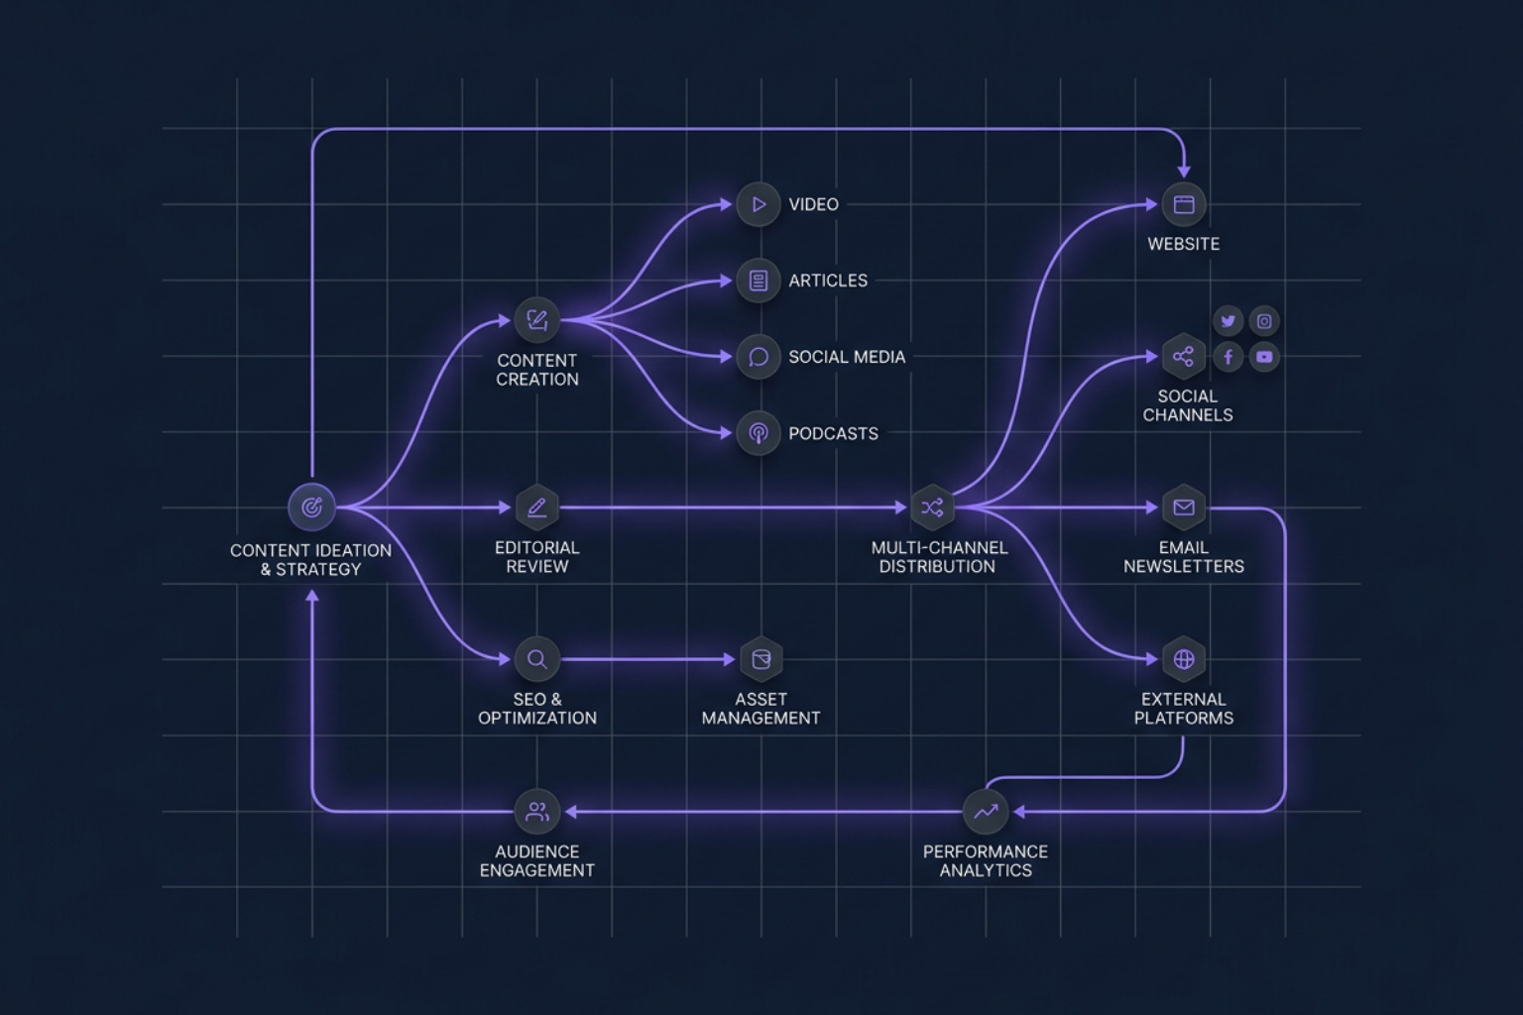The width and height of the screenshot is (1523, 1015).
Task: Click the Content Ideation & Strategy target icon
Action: coord(311,507)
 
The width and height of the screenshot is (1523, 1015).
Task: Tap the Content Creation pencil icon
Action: coord(536,319)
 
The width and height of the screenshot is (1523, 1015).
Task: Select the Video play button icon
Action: coord(759,204)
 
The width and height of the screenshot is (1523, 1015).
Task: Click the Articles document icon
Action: coord(759,281)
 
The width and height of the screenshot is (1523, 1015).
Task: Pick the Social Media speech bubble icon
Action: coord(759,357)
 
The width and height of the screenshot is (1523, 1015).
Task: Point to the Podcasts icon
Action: coord(759,433)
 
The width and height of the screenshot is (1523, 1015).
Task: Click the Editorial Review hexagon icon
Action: coord(536,507)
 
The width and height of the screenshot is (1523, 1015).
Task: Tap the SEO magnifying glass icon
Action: coord(536,659)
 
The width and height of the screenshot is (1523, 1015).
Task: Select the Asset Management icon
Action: coord(761,659)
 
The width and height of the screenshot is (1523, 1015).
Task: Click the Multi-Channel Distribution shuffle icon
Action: coord(932,507)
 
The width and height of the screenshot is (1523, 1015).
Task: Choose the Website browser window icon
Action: coord(1183,204)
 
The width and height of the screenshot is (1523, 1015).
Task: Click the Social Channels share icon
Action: coord(1183,357)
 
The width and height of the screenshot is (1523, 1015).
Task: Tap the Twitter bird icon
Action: coord(1229,321)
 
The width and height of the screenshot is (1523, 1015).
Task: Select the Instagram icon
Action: coord(1264,321)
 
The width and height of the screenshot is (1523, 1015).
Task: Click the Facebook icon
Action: coord(1229,357)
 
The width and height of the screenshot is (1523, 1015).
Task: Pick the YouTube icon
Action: coord(1264,357)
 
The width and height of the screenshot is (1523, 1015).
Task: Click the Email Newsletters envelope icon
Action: coord(1183,507)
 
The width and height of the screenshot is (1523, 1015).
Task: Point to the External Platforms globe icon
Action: coord(1183,659)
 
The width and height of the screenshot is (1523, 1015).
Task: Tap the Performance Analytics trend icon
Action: coord(986,812)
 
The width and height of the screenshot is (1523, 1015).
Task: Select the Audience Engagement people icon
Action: coord(536,812)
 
